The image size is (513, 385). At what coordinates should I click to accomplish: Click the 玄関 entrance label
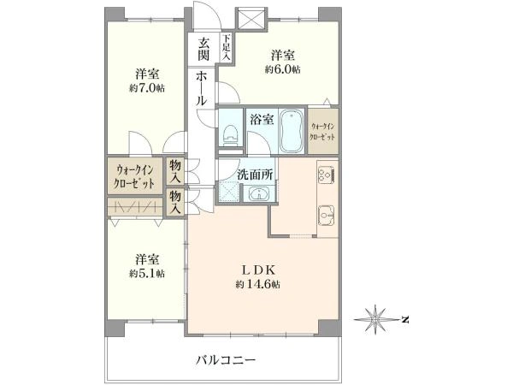point(203,50)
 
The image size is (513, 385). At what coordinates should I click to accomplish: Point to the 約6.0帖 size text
point(282,69)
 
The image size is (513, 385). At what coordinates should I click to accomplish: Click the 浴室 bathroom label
point(262,120)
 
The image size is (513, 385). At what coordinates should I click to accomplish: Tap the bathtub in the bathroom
point(292,130)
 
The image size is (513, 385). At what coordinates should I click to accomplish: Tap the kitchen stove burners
point(326,175)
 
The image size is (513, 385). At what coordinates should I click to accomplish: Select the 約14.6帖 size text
point(257,283)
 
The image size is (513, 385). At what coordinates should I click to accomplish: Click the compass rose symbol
point(376,320)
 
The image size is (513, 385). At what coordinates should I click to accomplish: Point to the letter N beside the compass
point(404,320)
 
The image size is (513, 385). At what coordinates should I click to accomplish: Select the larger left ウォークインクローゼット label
point(135,175)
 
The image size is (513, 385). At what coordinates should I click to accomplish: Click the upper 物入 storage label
point(175,171)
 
